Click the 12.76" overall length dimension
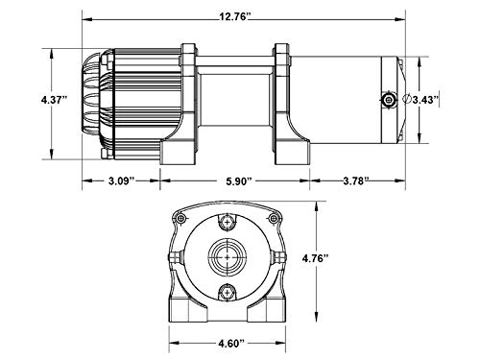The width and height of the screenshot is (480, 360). tap(234, 16)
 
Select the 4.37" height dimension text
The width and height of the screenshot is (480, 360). tap(55, 100)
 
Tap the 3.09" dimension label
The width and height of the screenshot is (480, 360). tap(121, 181)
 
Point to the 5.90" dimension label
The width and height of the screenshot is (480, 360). tap(239, 181)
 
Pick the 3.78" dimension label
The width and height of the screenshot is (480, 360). tap(356, 181)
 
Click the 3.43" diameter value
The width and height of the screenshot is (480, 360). tap(425, 100)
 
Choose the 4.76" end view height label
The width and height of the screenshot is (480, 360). tap(316, 258)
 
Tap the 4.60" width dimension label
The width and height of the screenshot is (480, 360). tap(231, 344)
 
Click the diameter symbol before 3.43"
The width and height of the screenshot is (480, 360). tap(407, 100)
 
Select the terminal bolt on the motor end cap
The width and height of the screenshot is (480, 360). tap(389, 100)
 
